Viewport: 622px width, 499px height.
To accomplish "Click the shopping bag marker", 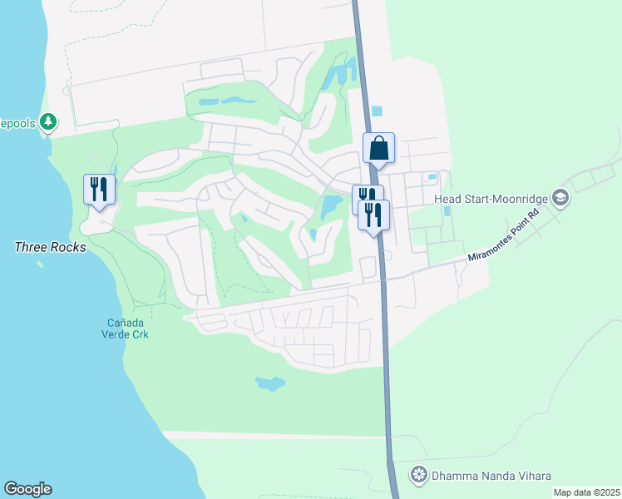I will click(378, 149).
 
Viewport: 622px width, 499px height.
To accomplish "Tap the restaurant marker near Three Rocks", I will click(99, 189).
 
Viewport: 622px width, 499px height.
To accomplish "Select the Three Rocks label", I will click(50, 247).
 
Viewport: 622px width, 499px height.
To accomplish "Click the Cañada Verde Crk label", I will click(127, 329).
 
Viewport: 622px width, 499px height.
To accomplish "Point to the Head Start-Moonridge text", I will click(493, 198).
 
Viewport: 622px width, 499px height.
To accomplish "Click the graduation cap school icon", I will click(561, 198).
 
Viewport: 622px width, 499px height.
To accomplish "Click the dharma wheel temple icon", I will click(419, 475).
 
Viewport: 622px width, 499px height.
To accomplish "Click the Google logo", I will click(27, 489).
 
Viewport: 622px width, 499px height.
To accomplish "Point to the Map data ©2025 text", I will click(586, 492).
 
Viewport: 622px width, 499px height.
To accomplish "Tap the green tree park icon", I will click(49, 122).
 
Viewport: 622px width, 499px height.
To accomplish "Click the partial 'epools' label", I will click(18, 122).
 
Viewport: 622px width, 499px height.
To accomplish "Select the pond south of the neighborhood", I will click(270, 383).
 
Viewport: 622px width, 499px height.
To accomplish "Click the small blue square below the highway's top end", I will click(377, 111).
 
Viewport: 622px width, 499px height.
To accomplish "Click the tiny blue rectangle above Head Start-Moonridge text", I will click(432, 176).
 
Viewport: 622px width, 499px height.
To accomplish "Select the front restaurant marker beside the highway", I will click(374, 215).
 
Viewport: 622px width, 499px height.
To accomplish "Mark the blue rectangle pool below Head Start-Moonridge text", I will click(447, 211).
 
